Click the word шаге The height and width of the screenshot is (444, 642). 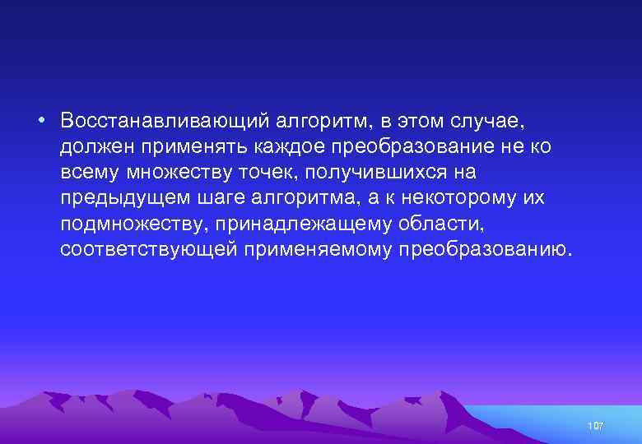tap(223, 199)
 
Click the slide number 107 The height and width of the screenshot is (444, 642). tap(596, 426)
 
